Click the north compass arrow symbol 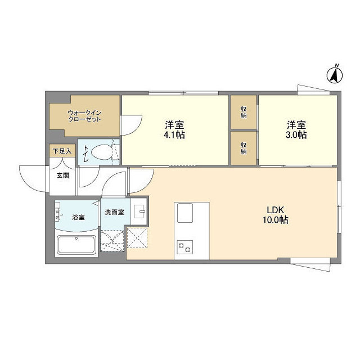pos(336,73)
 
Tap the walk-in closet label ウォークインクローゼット pos(84,116)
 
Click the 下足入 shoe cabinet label pos(62,151)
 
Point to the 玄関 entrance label pos(62,175)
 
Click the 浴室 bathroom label pos(78,217)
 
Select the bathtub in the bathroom pos(78,246)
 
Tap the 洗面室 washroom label pos(115,212)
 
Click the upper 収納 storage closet pos(244,112)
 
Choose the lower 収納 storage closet pos(244,147)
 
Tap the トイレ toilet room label pos(86,152)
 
